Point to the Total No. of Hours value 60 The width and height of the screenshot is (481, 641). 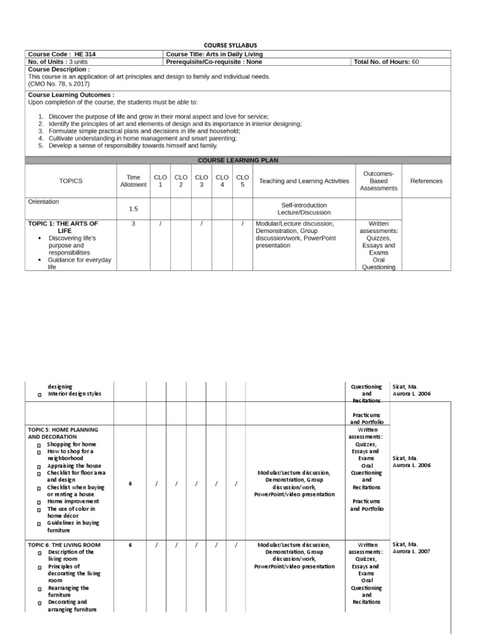(415, 62)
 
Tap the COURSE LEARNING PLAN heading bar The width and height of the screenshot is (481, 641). (240, 160)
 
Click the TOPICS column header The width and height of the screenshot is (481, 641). (71, 181)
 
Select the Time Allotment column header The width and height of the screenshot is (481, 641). (133, 181)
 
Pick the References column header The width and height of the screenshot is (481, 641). (426, 181)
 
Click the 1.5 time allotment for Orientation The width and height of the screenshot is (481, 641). (133, 209)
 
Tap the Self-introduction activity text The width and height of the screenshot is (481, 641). (304, 205)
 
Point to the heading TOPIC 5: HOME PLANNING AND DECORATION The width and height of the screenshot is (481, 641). (63, 433)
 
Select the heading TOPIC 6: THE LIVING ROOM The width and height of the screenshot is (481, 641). (65, 545)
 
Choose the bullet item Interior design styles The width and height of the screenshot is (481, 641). (74, 394)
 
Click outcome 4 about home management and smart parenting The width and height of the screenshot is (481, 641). (143, 138)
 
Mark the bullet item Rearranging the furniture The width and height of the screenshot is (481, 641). (68, 592)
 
